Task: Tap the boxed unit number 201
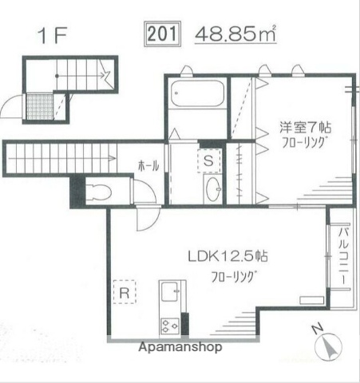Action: [163, 34]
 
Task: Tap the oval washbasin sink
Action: [213, 191]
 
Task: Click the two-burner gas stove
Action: [171, 324]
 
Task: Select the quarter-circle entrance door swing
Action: [15, 106]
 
